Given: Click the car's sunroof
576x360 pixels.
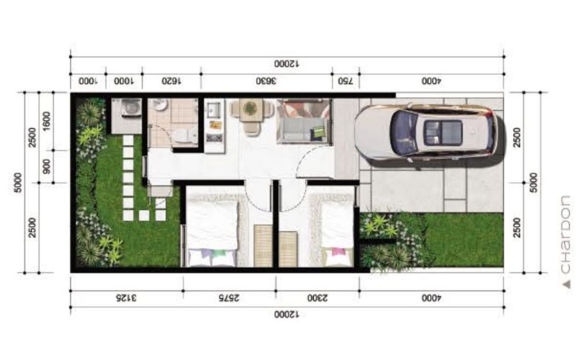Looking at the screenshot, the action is tap(443, 133).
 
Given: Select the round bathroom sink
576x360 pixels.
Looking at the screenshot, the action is tap(160, 104).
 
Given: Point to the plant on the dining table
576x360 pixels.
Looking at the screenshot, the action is tap(249, 108).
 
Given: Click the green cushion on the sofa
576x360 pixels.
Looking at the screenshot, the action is tap(319, 132).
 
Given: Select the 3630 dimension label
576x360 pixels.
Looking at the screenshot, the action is tap(266, 81).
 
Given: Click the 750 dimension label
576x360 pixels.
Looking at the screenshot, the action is tap(346, 81).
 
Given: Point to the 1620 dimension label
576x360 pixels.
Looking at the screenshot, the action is tap(171, 81).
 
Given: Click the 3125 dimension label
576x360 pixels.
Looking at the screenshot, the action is tap(126, 298).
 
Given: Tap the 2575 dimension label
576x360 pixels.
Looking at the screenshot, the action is tap(229, 298).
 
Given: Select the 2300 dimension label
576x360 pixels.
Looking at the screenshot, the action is tap(317, 298).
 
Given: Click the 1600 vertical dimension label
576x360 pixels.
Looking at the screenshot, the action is tap(46, 121).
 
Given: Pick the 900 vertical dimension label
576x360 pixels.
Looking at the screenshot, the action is tap(46, 166).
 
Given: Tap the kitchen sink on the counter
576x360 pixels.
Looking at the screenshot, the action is tap(214, 109).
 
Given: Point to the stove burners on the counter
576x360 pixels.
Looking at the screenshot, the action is tap(214, 138).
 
